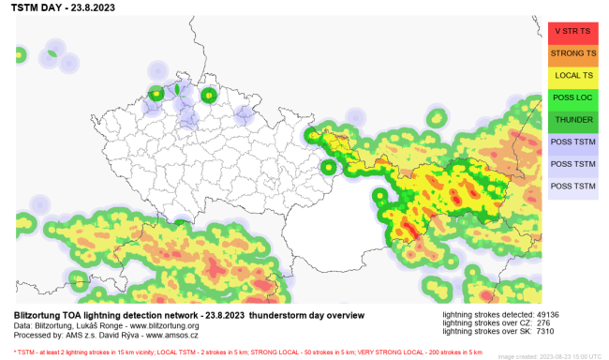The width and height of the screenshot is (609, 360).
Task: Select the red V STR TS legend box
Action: click(x=572, y=31)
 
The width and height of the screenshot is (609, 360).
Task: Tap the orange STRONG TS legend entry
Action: click(x=572, y=53)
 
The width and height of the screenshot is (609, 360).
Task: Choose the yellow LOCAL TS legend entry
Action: click(x=572, y=75)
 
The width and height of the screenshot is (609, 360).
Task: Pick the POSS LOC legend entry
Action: click(x=572, y=97)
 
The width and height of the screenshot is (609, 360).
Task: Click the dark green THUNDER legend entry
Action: click(x=572, y=120)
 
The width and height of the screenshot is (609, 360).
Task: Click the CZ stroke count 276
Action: click(x=545, y=323)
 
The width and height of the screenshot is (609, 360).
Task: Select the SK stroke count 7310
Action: click(x=548, y=333)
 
